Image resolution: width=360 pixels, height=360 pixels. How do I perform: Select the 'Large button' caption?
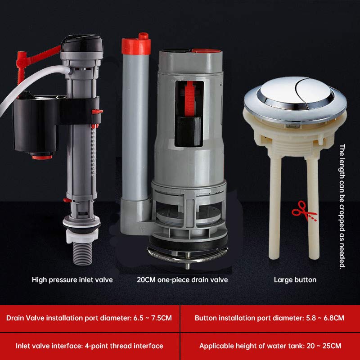click(x=295, y=279)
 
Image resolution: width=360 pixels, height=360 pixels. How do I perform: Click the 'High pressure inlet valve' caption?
click(x=72, y=279)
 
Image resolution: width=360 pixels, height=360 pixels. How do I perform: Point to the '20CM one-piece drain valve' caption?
click(x=182, y=279)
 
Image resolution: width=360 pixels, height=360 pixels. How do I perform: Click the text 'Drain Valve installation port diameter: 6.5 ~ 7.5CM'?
click(x=89, y=318)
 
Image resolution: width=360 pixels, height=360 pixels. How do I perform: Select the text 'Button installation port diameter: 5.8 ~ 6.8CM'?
click(x=270, y=318)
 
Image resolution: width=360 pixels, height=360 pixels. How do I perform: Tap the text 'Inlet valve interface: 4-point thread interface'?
click(x=89, y=346)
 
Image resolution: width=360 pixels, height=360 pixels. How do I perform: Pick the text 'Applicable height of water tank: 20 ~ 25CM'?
click(x=270, y=346)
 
